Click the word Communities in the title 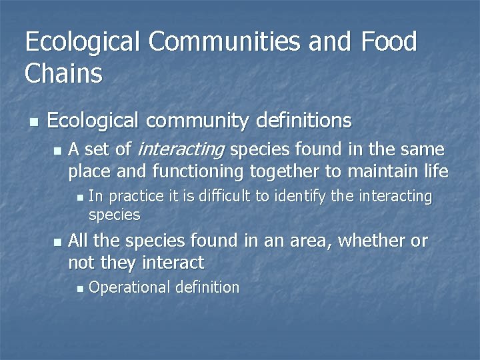pyautogui.click(x=225, y=42)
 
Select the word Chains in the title pyautogui.click(x=64, y=73)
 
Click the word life pyautogui.click(x=434, y=171)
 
